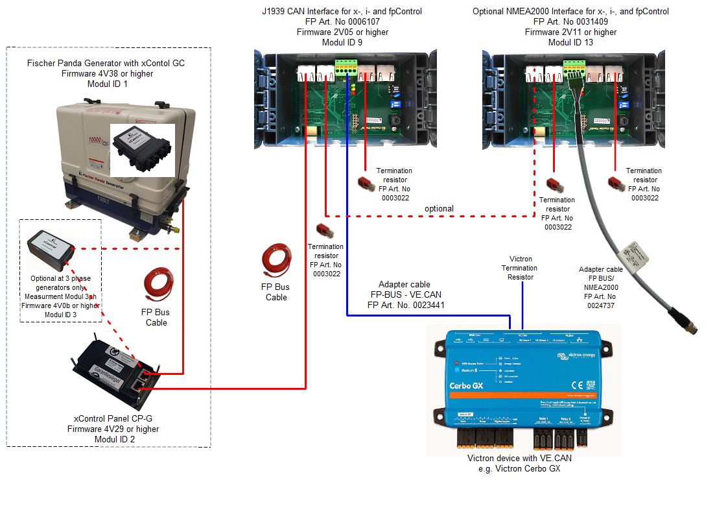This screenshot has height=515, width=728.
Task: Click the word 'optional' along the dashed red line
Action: pyautogui.click(x=439, y=208)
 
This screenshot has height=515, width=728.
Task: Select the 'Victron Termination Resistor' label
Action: pyautogui.click(x=520, y=267)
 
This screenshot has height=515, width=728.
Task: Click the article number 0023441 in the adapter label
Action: pyautogui.click(x=424, y=304)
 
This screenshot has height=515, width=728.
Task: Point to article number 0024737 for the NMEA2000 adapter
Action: pyautogui.click(x=600, y=304)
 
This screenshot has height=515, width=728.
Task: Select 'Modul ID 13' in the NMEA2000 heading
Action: pyautogui.click(x=570, y=43)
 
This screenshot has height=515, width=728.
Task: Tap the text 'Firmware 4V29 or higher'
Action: pyautogui.click(x=113, y=429)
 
